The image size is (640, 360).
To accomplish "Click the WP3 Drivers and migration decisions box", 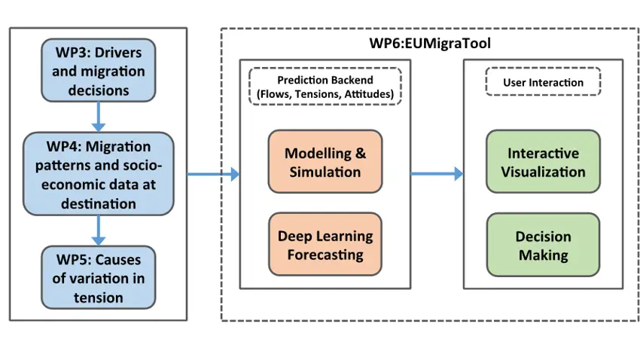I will click(98, 70).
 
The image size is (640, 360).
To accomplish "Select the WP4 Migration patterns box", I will click(98, 175).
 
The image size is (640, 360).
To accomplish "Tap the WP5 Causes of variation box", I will click(98, 277).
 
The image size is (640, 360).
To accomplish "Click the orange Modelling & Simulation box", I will click(325, 163).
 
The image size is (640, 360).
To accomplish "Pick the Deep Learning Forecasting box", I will click(325, 246).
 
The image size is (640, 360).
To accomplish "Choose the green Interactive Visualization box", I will click(543, 163).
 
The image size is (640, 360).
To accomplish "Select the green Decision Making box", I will click(543, 246).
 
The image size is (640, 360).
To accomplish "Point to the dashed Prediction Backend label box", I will click(325, 87).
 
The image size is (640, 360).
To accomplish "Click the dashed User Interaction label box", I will click(542, 82).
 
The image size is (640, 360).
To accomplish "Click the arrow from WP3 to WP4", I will click(98, 117).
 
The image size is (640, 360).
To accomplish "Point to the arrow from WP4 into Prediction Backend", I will click(213, 175).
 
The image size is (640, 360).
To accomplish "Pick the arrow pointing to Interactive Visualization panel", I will click(437, 174).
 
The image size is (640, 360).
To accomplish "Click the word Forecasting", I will click(325, 255).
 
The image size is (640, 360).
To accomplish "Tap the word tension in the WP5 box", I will click(98, 297).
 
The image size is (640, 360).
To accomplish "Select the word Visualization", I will click(543, 172).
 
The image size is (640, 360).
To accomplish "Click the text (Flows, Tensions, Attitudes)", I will click(325, 93).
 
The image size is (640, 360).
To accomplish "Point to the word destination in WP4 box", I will click(98, 203).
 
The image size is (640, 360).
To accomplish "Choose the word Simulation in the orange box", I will click(325, 172).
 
